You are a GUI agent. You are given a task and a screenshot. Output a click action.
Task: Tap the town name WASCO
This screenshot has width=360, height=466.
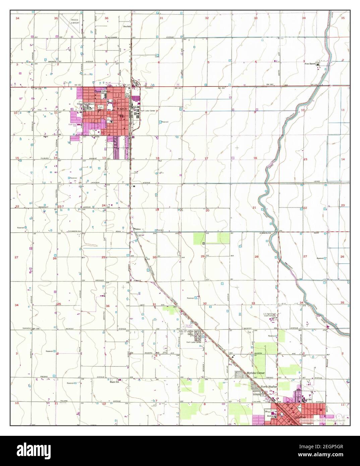click(121, 109)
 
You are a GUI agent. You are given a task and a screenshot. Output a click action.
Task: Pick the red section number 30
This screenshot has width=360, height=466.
click(154, 257)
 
